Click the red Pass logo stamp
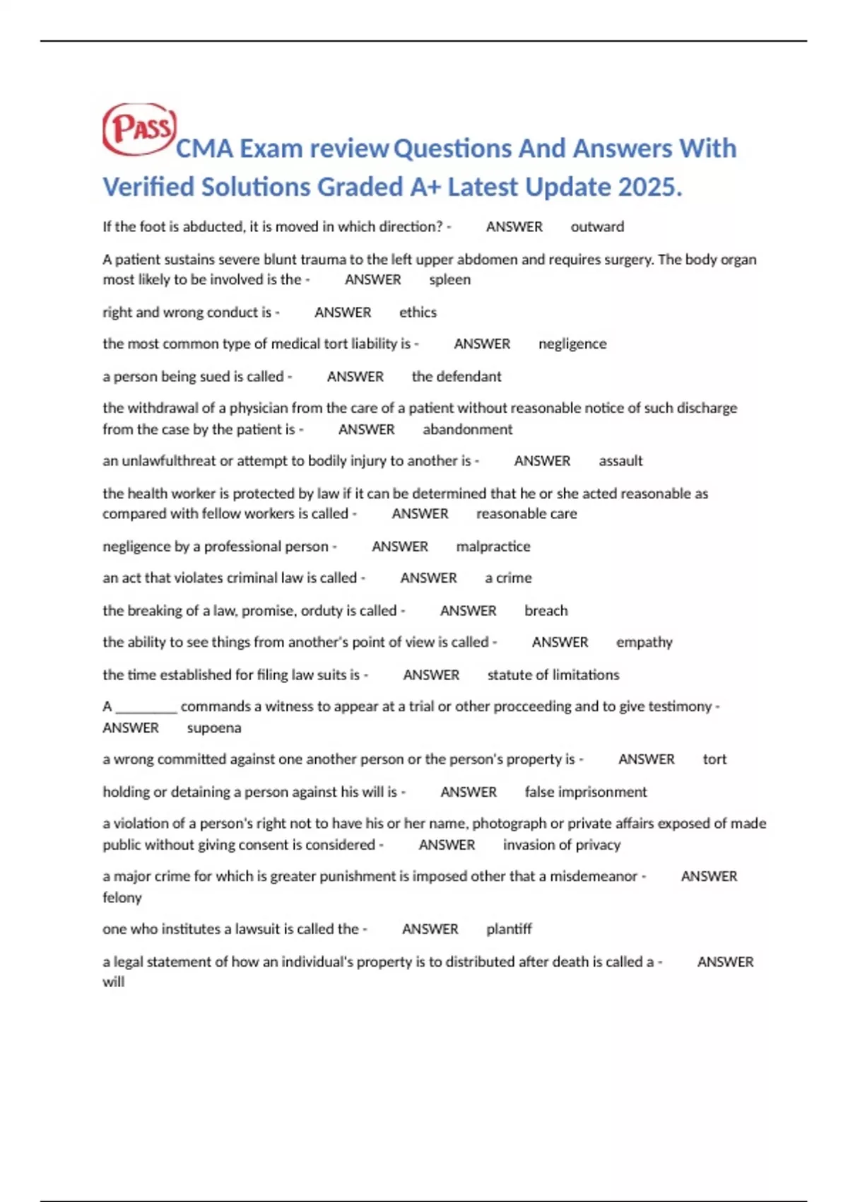point(139,129)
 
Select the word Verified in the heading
point(148,187)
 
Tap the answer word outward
point(597,227)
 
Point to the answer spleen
point(449,280)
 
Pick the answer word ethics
point(418,313)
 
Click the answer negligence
point(572,344)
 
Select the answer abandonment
point(467,429)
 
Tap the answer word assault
point(620,461)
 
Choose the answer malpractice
point(493,547)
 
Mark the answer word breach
point(546,611)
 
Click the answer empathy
point(644,643)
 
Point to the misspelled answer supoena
point(213,728)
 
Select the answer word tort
point(714,759)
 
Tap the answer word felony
point(122,898)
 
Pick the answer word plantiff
point(509,929)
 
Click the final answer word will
point(113,982)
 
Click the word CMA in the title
point(204,149)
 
